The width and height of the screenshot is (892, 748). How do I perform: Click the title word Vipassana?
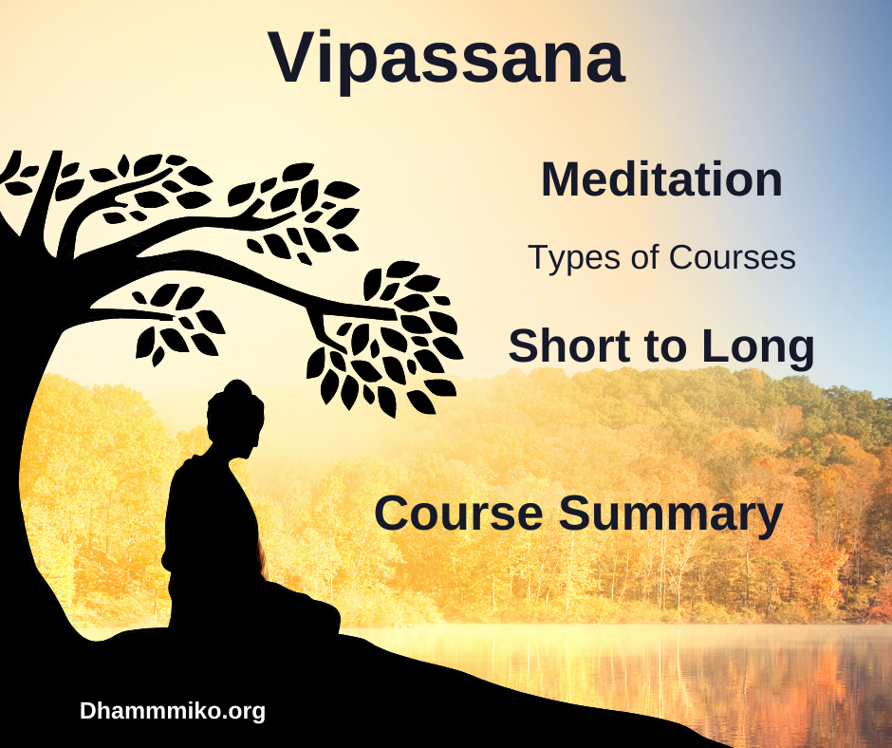447,60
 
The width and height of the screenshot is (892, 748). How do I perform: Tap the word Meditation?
661,180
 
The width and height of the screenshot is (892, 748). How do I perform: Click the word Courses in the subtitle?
733,257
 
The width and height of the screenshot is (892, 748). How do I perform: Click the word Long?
758,348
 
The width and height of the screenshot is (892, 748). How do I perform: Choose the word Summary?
671,515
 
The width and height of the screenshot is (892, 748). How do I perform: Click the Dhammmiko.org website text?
173,712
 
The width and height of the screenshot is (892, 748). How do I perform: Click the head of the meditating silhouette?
234,419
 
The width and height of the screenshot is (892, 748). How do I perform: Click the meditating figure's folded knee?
319,616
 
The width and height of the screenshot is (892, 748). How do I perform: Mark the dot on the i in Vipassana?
334,35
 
